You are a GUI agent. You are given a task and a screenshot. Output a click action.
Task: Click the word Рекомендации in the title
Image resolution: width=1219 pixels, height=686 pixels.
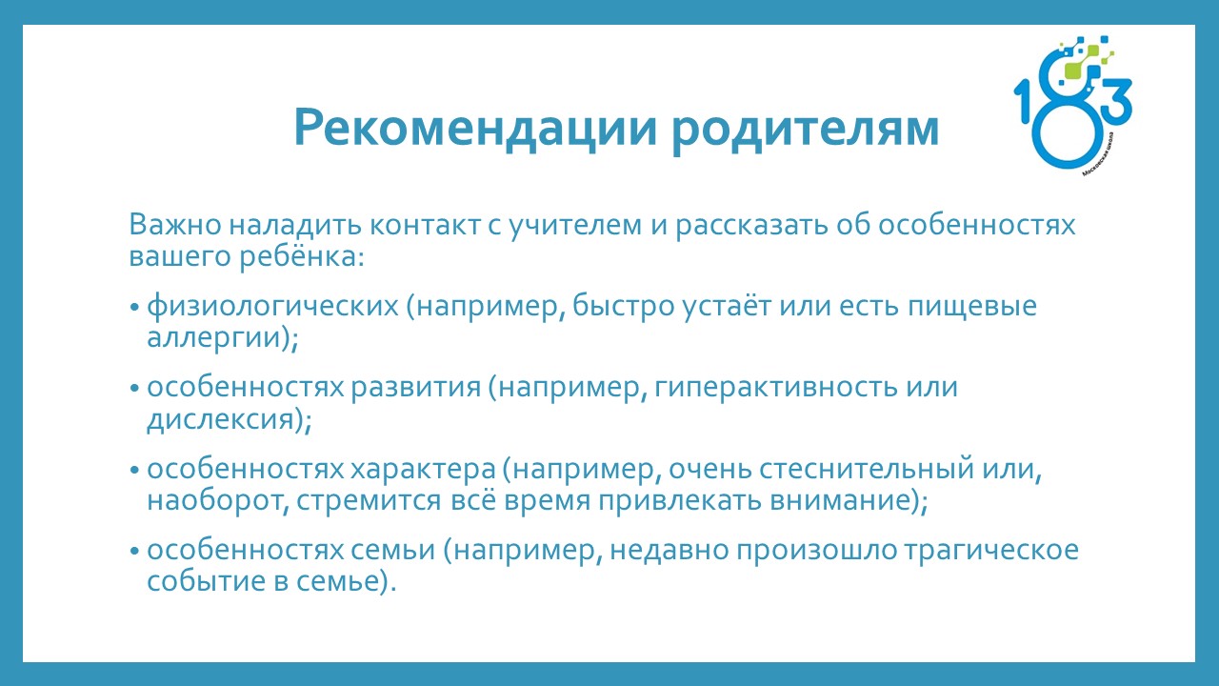(x=475, y=129)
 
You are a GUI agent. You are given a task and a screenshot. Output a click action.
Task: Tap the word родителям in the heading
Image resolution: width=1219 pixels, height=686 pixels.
(x=806, y=131)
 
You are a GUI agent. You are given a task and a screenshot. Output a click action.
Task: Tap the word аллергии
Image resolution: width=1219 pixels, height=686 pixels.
(x=214, y=338)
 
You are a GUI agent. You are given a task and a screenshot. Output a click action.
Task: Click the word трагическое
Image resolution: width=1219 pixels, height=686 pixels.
(x=991, y=552)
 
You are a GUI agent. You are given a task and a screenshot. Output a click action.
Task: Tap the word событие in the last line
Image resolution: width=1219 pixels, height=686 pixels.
(x=207, y=581)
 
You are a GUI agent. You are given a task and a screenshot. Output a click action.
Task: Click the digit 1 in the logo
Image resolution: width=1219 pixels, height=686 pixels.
(x=1023, y=102)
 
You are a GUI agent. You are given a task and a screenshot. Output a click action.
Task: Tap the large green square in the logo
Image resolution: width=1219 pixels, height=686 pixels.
(x=1073, y=70)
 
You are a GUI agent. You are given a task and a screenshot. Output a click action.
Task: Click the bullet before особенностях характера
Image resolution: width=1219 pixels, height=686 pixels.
(x=135, y=470)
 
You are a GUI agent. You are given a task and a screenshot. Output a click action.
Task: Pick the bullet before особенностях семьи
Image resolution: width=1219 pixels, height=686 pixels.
(x=135, y=552)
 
